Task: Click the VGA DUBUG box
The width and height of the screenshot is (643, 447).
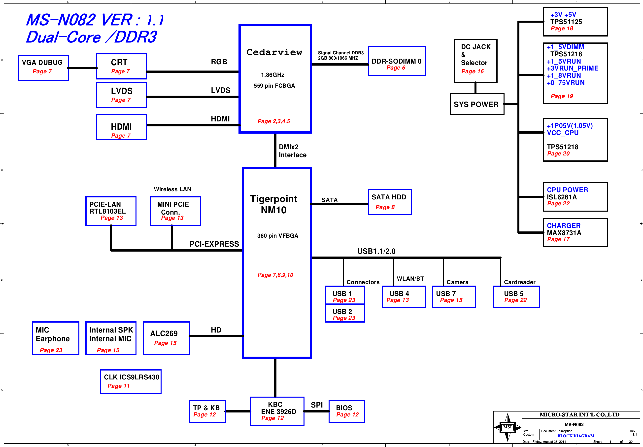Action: (43, 68)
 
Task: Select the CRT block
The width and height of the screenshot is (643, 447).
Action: (122, 66)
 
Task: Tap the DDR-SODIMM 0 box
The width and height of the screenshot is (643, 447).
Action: (397, 61)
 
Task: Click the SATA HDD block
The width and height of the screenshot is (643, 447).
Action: (389, 202)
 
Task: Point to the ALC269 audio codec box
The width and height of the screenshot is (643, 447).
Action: (166, 338)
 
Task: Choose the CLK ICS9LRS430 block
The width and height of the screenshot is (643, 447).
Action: (131, 381)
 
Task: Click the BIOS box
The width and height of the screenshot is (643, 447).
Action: (347, 411)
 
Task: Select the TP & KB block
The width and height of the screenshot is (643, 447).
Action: (207, 411)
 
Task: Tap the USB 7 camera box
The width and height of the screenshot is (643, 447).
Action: (454, 297)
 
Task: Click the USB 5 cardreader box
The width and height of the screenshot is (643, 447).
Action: (516, 297)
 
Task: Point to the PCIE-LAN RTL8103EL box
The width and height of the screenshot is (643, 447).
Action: (111, 211)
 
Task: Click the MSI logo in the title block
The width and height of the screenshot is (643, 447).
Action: (507, 427)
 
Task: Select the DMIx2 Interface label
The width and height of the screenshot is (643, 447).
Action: (292, 151)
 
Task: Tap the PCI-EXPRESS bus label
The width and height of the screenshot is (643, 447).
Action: (214, 244)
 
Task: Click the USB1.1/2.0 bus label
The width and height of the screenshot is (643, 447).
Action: (376, 251)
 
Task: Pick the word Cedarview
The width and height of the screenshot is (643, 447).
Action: (274, 52)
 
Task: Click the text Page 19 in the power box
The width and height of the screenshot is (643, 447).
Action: (562, 96)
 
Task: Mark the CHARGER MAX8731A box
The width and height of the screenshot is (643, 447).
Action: (575, 232)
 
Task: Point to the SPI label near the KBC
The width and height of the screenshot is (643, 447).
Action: (317, 405)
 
